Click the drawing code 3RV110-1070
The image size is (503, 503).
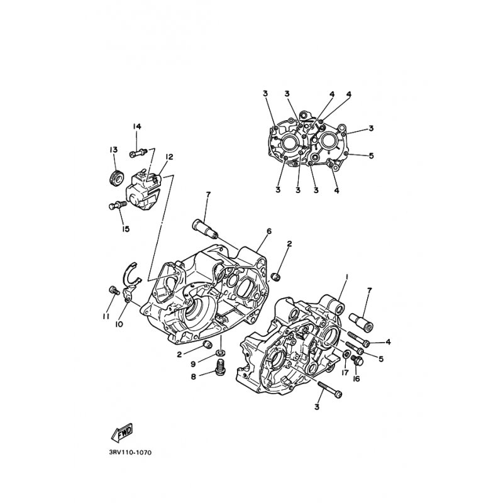coord(130,453)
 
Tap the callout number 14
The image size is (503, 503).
coord(137,127)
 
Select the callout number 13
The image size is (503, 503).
coord(113,150)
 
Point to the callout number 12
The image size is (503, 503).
coord(169,157)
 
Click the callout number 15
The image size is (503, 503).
coord(125,229)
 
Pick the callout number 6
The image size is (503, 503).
coord(269,231)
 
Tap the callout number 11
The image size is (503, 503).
coord(106,316)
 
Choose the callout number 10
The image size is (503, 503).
coord(119,324)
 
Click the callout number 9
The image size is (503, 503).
coord(193,364)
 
